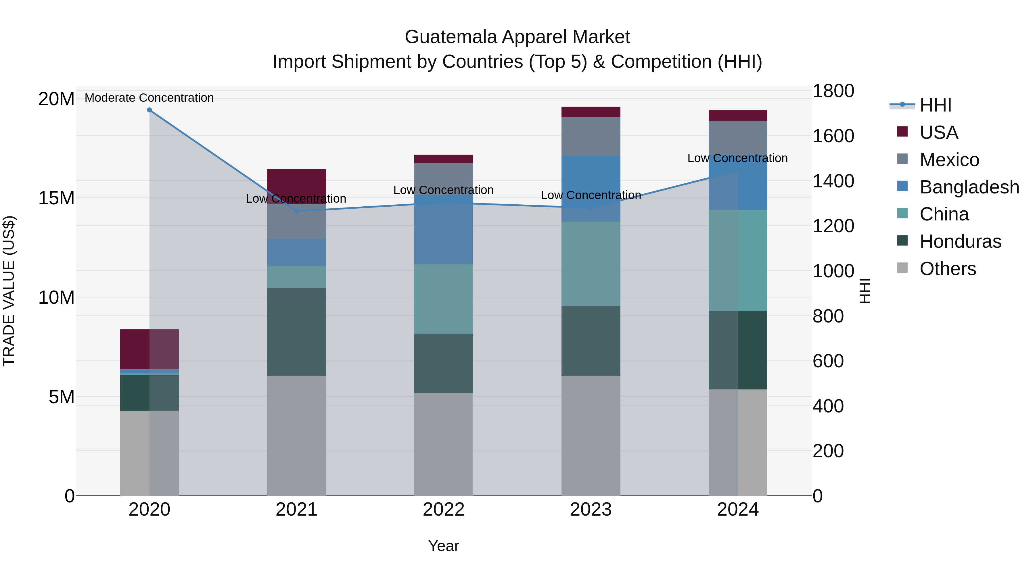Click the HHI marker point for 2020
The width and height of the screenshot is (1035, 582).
pyautogui.click(x=149, y=110)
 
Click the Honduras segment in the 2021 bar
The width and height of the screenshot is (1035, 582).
pyautogui.click(x=296, y=332)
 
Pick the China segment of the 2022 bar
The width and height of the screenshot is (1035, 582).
pyautogui.click(x=444, y=299)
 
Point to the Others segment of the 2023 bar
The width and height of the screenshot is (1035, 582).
pyautogui.click(x=591, y=436)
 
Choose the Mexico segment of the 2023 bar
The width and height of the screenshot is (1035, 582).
pyautogui.click(x=591, y=136)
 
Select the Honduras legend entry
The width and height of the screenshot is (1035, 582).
pyautogui.click(x=960, y=241)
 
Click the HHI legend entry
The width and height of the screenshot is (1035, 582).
pyautogui.click(x=935, y=105)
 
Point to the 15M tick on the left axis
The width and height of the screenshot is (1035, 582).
pyautogui.click(x=56, y=198)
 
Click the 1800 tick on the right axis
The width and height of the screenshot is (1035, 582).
pyautogui.click(x=833, y=91)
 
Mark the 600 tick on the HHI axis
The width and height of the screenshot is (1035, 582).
pyautogui.click(x=828, y=361)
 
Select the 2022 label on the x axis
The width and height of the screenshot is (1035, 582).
pyautogui.click(x=444, y=510)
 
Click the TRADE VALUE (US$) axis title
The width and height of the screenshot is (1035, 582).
pyautogui.click(x=9, y=291)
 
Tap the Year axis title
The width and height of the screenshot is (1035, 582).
pyautogui.click(x=444, y=546)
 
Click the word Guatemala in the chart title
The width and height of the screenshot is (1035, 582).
pyautogui.click(x=451, y=37)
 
